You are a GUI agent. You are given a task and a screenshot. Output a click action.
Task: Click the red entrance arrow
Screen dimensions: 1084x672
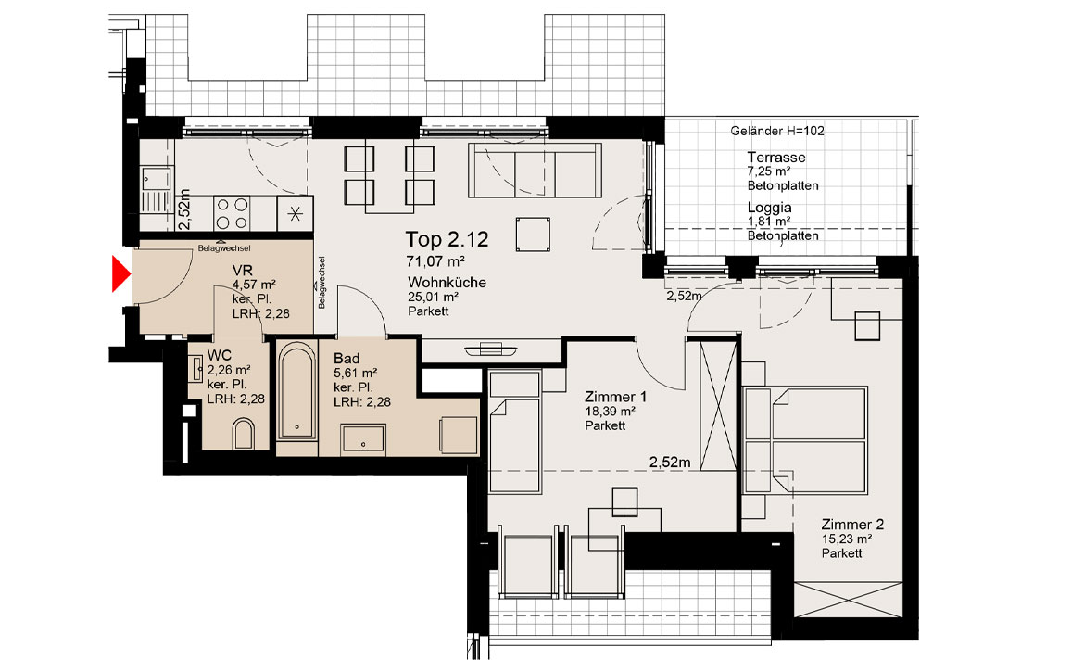point(121,273)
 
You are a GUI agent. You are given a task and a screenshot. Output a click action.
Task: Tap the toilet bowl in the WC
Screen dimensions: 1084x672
point(244,434)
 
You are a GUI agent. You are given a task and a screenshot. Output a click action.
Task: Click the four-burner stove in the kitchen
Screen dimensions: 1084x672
point(232,213)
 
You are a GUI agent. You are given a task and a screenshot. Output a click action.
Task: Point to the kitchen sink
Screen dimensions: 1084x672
point(157,189)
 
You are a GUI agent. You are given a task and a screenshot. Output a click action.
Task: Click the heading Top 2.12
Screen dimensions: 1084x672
point(447,239)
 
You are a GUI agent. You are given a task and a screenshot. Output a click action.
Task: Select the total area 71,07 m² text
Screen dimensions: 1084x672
point(435,261)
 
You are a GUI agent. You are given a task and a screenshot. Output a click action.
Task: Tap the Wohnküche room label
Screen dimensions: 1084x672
point(447,282)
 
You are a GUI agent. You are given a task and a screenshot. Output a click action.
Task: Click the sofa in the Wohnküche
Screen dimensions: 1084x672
point(535,170)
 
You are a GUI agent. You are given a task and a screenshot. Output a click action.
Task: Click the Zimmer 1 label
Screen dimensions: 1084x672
point(615,397)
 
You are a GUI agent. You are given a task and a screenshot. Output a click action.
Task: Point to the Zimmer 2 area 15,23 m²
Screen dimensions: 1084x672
point(846,539)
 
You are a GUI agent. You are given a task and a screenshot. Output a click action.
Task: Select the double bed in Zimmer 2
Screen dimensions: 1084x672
point(805,440)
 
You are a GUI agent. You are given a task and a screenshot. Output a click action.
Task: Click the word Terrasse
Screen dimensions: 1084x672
point(776,158)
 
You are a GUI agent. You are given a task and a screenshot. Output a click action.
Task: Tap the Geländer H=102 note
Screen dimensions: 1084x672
point(777,131)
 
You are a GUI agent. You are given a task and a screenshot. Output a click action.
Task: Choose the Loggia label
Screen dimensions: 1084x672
point(769,208)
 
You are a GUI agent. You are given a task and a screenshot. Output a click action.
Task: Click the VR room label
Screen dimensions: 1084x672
point(243,271)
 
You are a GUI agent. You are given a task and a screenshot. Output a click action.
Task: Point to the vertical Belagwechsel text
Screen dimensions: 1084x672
point(321,283)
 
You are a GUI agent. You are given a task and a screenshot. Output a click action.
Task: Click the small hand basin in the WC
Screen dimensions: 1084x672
point(196,368)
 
